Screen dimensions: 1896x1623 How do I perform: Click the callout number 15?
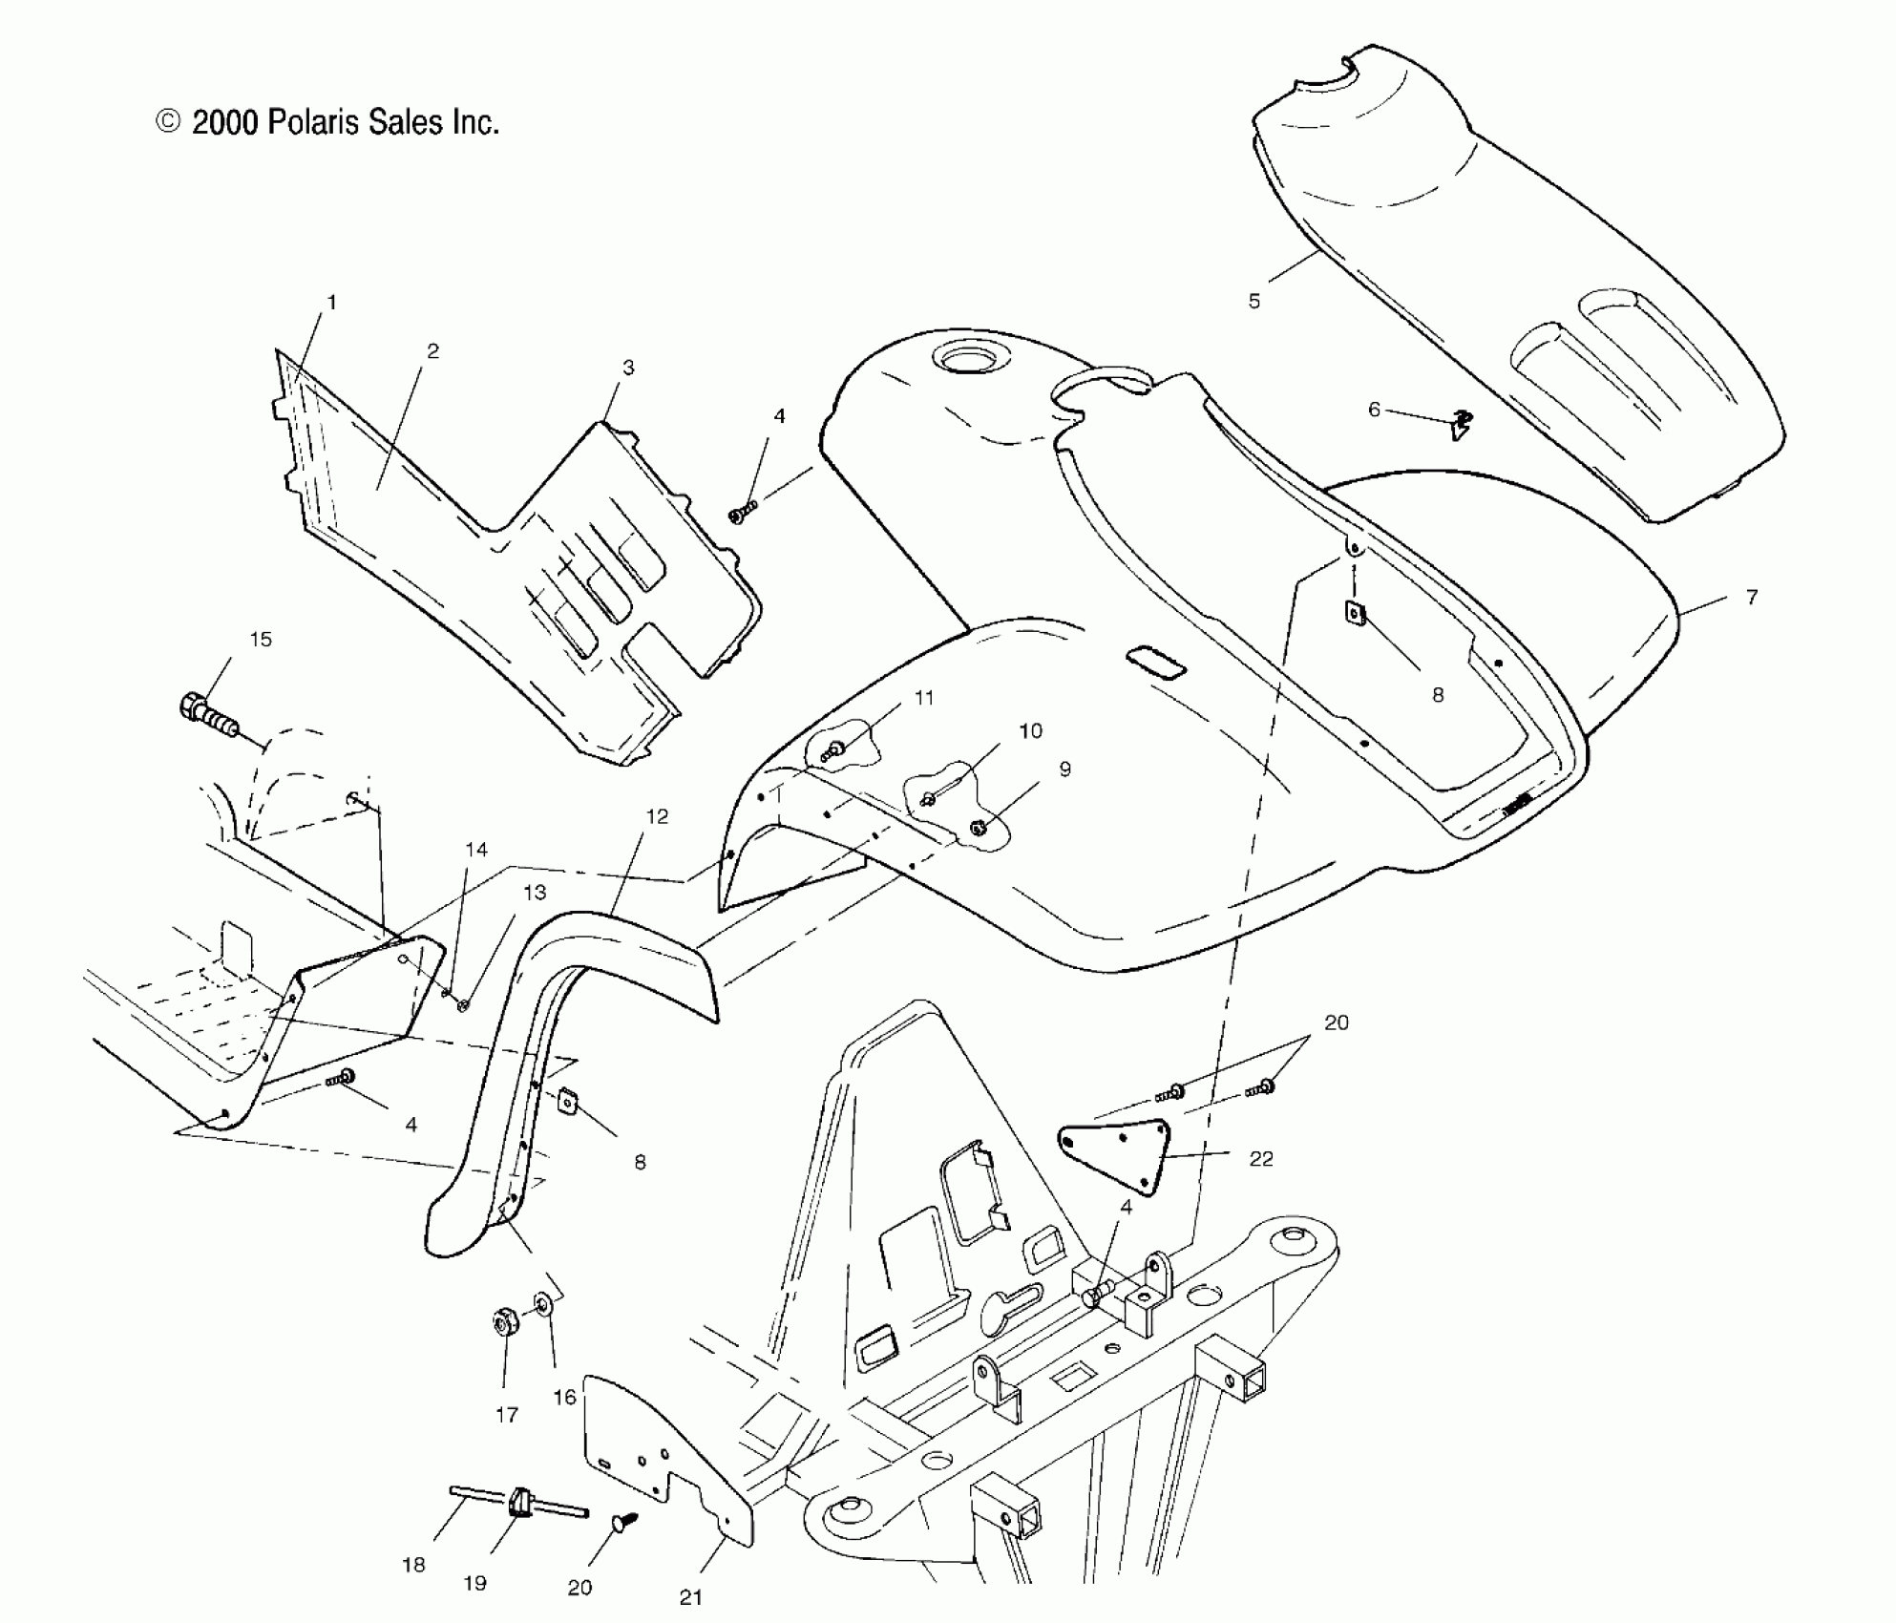pyautogui.click(x=261, y=640)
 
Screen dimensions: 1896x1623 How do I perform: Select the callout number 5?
pyautogui.click(x=1254, y=301)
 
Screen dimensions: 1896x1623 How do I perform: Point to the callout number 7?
pyautogui.click(x=1752, y=597)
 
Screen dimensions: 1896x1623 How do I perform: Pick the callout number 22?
pyautogui.click(x=1261, y=1159)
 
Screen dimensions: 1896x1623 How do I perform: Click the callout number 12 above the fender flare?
pyautogui.click(x=657, y=816)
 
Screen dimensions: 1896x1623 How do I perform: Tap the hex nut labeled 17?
pyautogui.click(x=501, y=1323)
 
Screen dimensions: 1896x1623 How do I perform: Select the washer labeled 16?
pyautogui.click(x=543, y=1304)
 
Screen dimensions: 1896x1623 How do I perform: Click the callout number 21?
pyautogui.click(x=691, y=1597)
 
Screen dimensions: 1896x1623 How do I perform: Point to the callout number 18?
pyautogui.click(x=413, y=1565)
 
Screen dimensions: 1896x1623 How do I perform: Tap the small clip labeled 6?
pyautogui.click(x=1460, y=423)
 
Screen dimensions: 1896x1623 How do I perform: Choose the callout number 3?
pyautogui.click(x=628, y=368)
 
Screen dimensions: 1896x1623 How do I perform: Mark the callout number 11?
pyautogui.click(x=924, y=698)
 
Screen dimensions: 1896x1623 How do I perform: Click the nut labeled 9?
pyautogui.click(x=978, y=828)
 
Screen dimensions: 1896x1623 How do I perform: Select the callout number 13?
pyautogui.click(x=535, y=893)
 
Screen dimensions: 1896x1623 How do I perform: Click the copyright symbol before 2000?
pyautogui.click(x=168, y=122)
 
